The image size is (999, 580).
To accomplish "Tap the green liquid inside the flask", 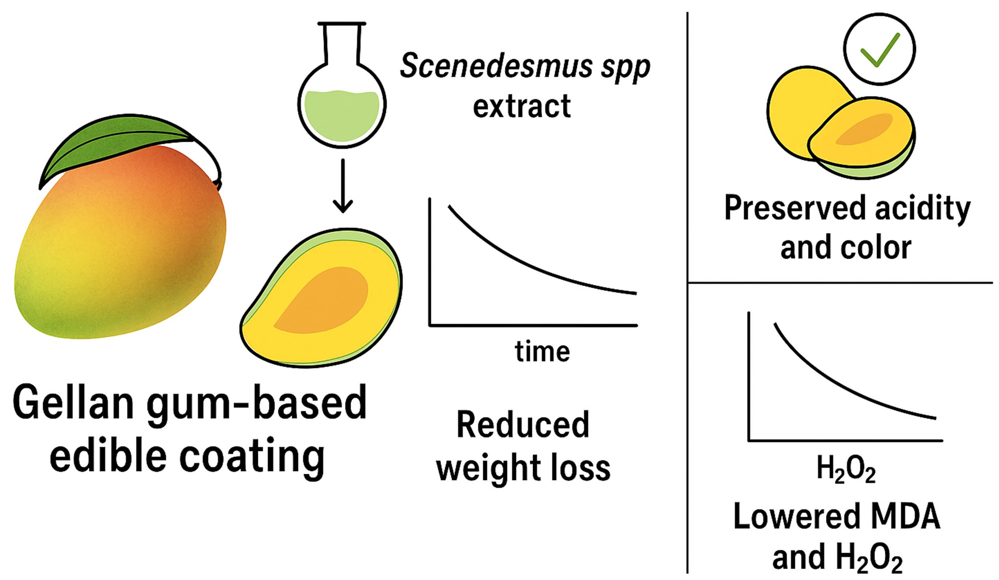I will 342,115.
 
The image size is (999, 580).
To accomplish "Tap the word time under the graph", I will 542,351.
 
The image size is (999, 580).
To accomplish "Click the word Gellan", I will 73,402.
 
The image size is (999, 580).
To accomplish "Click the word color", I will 878,248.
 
